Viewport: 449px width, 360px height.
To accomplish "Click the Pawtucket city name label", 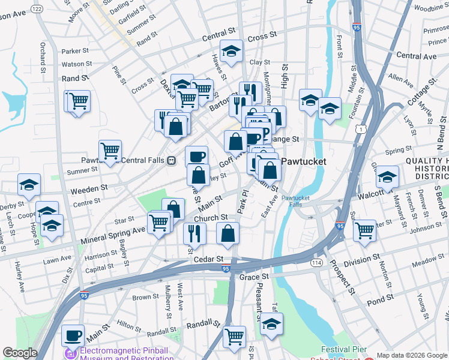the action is click(x=304, y=161).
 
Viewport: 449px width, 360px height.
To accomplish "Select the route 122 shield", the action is click(x=37, y=8).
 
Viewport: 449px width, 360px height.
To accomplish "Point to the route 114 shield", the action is click(x=316, y=263).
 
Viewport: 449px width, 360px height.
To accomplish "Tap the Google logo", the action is click(x=20, y=353).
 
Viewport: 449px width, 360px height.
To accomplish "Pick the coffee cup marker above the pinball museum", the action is click(x=73, y=336).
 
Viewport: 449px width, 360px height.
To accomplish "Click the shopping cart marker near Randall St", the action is click(x=234, y=336).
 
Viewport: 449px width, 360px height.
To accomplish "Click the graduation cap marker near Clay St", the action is click(x=231, y=52).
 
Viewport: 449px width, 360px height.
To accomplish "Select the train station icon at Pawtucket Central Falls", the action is click(x=171, y=161).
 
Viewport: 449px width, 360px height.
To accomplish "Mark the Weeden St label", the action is click(x=89, y=188).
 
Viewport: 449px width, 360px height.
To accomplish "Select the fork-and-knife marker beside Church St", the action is click(x=193, y=233).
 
